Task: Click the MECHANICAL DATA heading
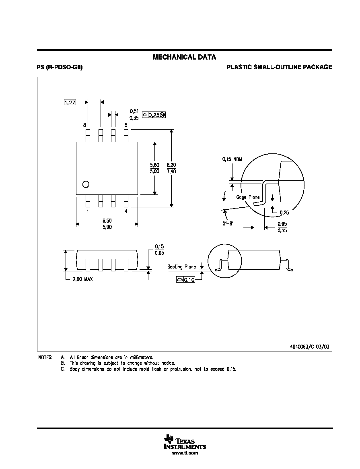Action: (184, 57)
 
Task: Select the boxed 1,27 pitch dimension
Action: (70, 102)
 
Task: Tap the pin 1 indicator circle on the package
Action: (86, 184)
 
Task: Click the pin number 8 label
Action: (84, 125)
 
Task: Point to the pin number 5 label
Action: (126, 125)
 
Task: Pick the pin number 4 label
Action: (126, 211)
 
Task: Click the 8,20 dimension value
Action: (171, 165)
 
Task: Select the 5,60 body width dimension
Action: (154, 165)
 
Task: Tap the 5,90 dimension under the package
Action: (107, 227)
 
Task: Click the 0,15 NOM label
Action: (232, 159)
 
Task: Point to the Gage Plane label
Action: (248, 197)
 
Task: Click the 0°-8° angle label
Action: (228, 223)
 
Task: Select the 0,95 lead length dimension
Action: (282, 224)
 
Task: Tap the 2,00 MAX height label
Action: (83, 279)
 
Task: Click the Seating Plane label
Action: (182, 267)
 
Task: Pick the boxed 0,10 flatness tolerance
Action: (185, 280)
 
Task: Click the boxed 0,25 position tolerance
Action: (154, 115)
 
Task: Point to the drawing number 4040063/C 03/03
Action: (309, 347)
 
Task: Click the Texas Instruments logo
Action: (185, 442)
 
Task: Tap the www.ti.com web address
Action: (185, 453)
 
